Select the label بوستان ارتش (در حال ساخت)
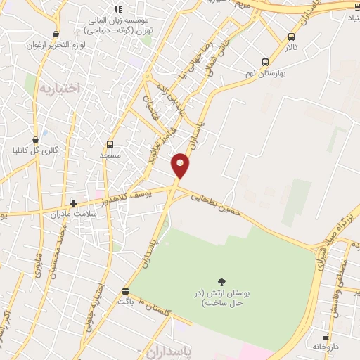coord(222,297)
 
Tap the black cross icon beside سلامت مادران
coord(73,202)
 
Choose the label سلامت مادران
coord(72,213)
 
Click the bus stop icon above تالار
coord(292,37)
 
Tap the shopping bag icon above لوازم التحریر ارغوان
coord(56,33)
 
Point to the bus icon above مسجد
coord(110,143)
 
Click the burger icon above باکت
coord(125,290)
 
